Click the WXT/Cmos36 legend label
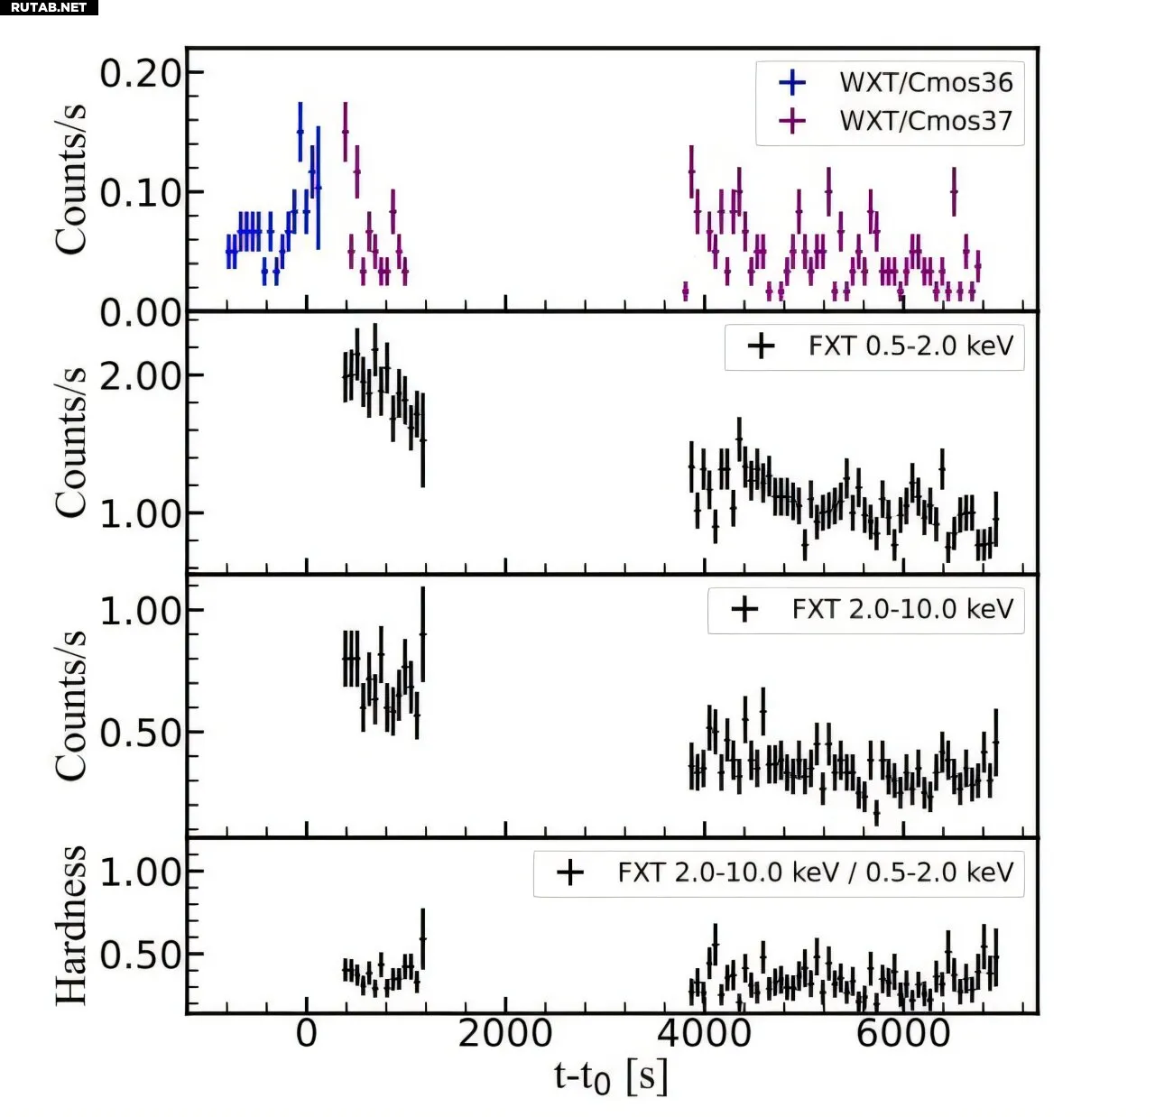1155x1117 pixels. point(926,82)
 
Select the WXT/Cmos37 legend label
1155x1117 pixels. point(926,121)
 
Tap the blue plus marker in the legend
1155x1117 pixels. point(791,82)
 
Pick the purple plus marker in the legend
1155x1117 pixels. point(791,121)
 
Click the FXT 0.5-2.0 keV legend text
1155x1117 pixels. point(910,346)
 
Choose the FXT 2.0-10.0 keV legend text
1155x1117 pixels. point(902,610)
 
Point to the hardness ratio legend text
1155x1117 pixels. point(815,873)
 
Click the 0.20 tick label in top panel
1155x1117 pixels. point(140,74)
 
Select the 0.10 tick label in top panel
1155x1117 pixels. point(140,192)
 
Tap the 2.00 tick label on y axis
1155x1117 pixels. point(140,376)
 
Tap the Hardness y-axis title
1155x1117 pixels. point(70,926)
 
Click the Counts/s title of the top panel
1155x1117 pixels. point(70,179)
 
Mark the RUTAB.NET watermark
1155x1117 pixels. point(49,7)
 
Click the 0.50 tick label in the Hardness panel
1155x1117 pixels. point(140,955)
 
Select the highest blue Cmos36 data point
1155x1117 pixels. point(300,132)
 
